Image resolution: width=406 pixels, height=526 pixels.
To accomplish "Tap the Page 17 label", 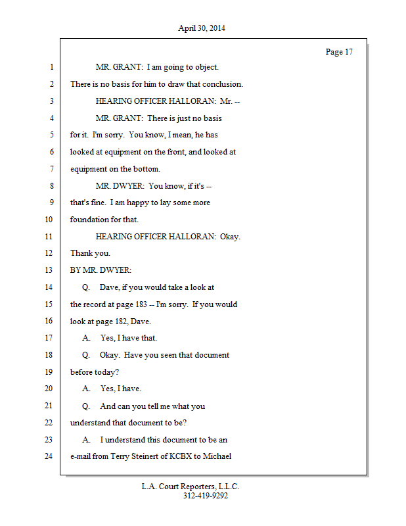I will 339,52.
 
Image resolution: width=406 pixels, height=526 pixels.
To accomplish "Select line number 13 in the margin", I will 50,270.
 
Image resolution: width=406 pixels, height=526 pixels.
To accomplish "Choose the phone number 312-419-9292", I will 206,496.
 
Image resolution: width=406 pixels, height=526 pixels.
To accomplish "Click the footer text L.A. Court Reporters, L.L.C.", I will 191,487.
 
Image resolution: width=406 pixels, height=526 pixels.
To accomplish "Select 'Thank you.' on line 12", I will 90,253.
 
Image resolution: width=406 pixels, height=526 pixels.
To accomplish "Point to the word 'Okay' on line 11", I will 230,237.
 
